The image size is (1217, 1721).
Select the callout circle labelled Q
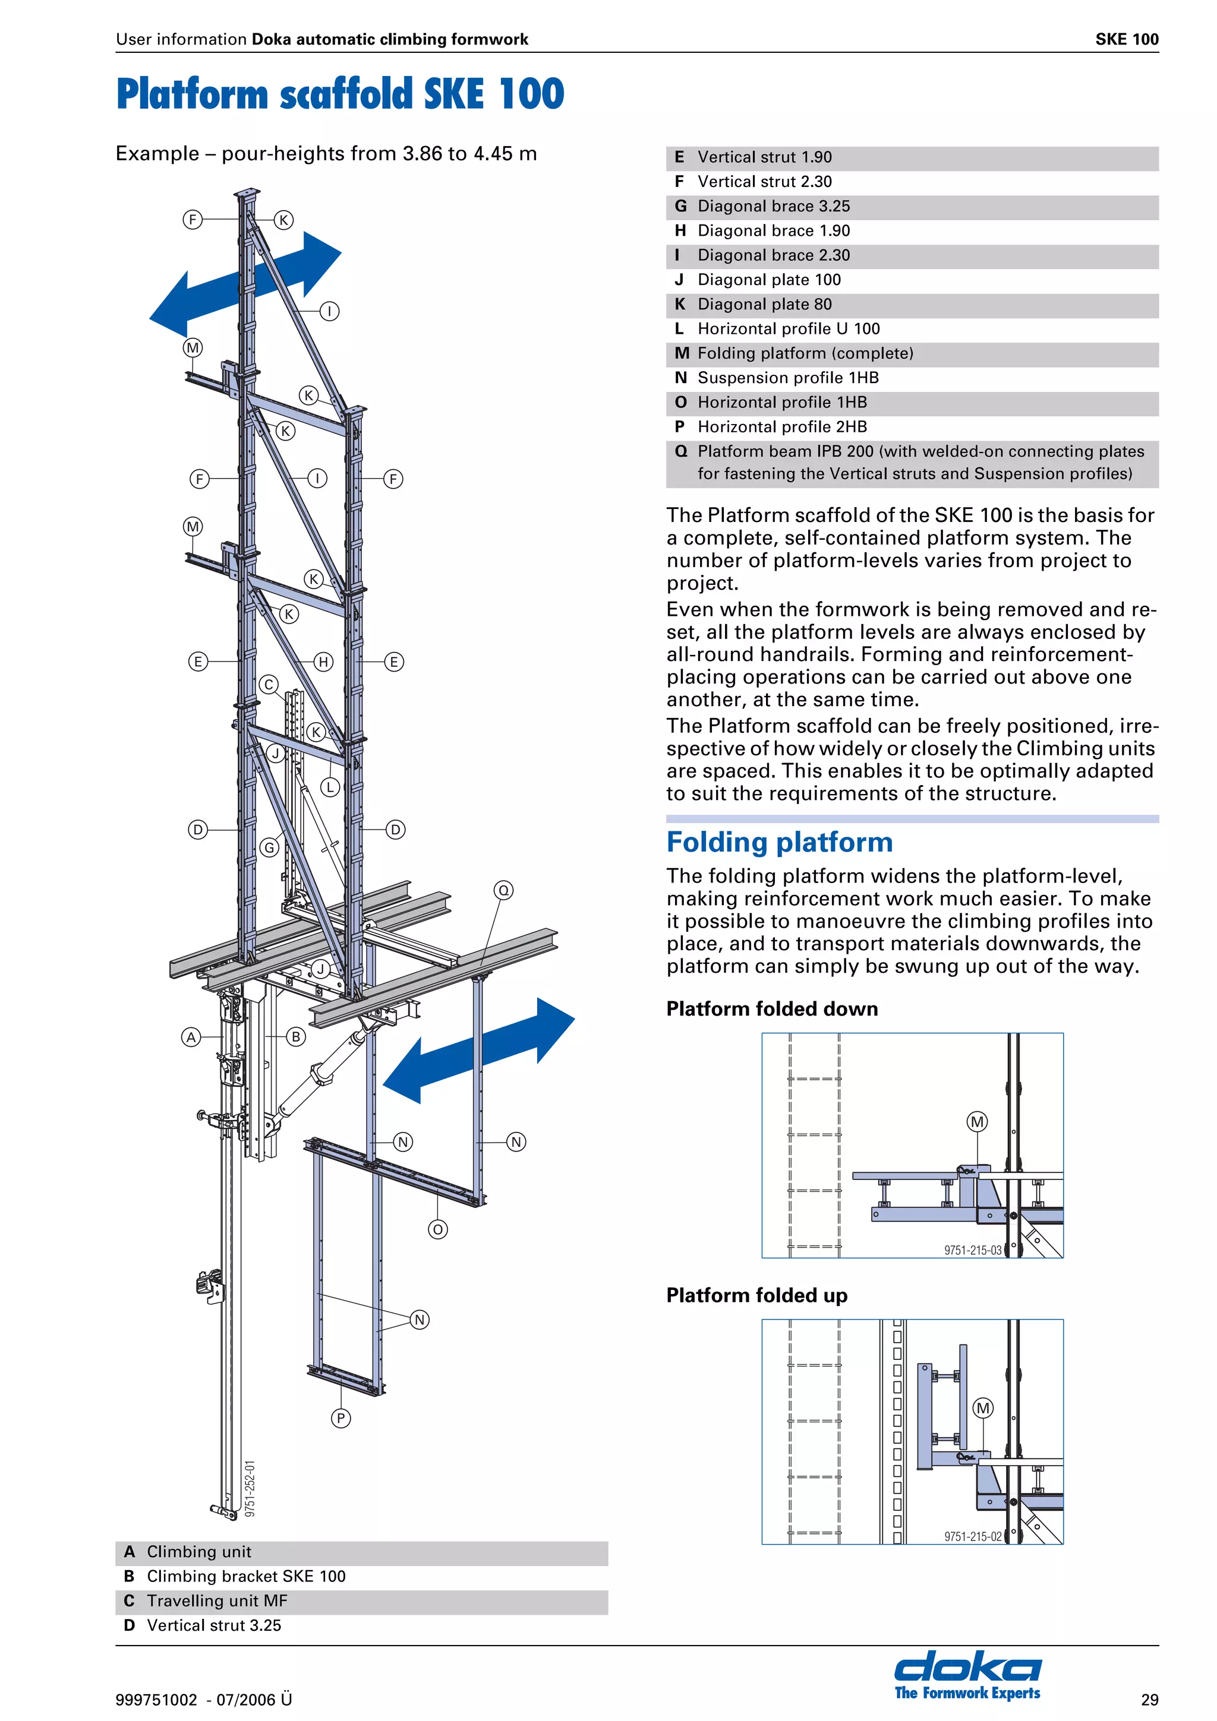point(504,890)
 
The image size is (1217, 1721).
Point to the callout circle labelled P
point(340,1418)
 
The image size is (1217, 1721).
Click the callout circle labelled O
point(438,1229)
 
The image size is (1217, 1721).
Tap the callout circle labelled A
point(191,1037)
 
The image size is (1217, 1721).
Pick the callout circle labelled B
point(296,1037)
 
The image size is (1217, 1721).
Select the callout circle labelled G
point(269,848)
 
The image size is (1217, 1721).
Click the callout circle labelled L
point(330,787)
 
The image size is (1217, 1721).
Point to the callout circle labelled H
point(323,662)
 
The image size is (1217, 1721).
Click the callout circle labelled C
point(269,684)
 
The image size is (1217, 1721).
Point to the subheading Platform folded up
point(756,1295)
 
